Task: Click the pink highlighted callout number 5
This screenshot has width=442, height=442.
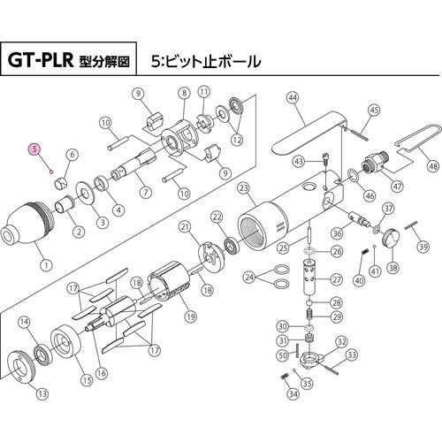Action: tap(34, 149)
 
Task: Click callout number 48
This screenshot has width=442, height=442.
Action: tap(432, 165)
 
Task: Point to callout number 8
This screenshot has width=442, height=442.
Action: tap(184, 93)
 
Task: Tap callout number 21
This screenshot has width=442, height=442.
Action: tap(185, 227)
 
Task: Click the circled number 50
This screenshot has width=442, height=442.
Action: tap(282, 355)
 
